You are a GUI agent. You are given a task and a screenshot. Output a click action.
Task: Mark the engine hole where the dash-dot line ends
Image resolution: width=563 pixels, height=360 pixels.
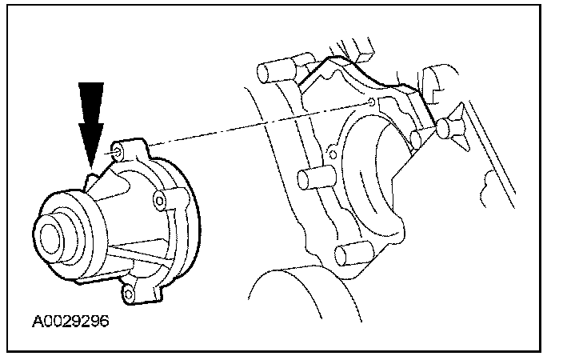coord(373,102)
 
